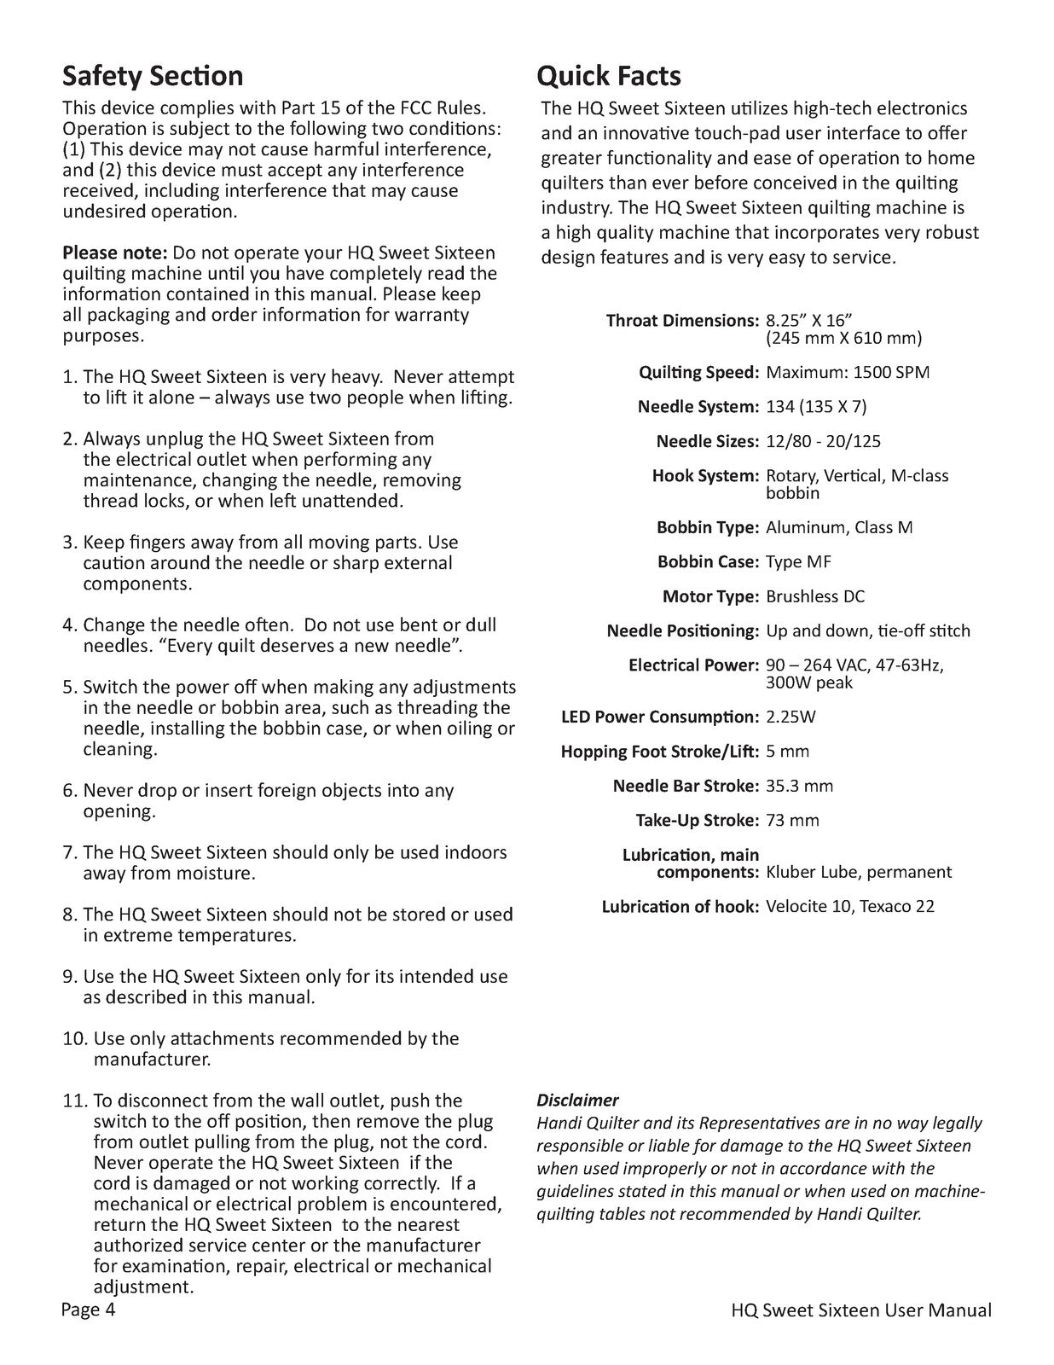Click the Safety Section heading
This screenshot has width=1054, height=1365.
[153, 76]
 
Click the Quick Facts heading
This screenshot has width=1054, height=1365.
[608, 76]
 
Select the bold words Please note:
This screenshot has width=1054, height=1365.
[115, 253]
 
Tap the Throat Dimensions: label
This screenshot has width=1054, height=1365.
[681, 321]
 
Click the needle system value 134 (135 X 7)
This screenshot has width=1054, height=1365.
[816, 407]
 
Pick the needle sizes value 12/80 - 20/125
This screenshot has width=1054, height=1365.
[823, 441]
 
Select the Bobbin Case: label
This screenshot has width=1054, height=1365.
[708, 562]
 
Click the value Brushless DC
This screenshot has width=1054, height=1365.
[815, 596]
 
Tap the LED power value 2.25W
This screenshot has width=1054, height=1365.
[790, 717]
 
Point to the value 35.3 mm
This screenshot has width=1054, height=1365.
[799, 786]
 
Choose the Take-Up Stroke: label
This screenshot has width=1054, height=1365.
[697, 821]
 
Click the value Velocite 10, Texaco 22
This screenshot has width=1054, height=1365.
[849, 906]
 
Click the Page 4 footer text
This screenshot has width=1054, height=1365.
[88, 1310]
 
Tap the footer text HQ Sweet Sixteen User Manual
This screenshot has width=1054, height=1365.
[861, 1310]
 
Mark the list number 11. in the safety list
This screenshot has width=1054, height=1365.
[75, 1101]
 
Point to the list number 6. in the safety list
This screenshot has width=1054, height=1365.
[70, 791]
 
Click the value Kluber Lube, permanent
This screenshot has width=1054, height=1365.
[859, 872]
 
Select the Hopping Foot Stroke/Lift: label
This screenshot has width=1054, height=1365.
[659, 752]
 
